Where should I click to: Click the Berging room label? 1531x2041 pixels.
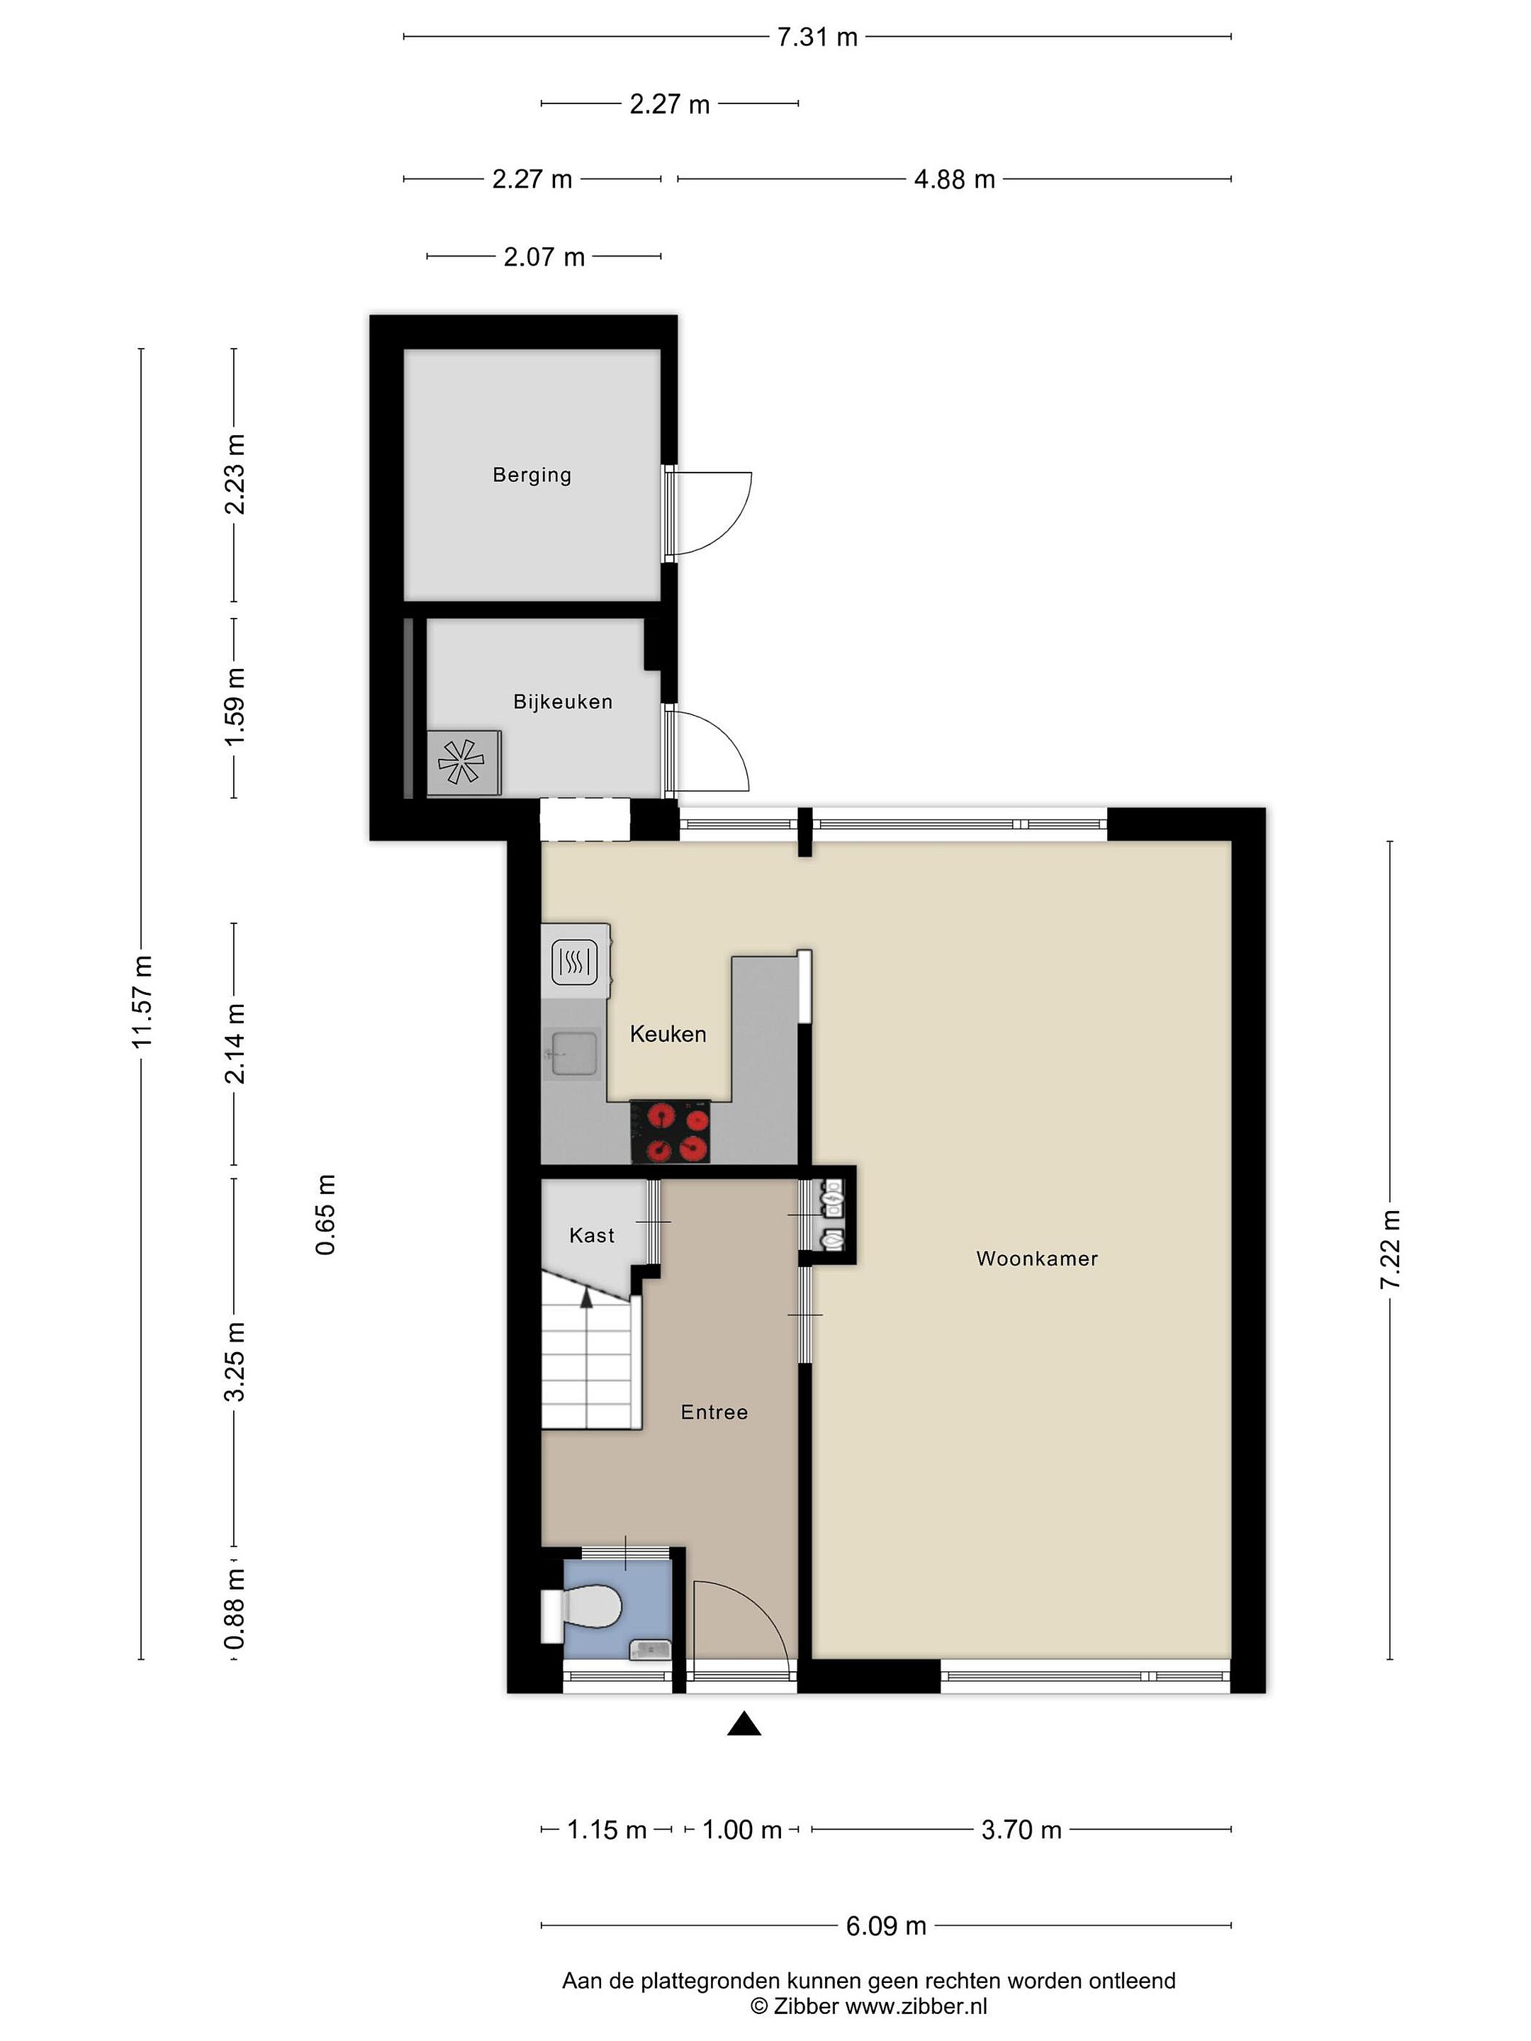pos(532,476)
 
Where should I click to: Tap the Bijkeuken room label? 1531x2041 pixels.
pos(563,702)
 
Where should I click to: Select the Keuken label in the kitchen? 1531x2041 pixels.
pos(668,1035)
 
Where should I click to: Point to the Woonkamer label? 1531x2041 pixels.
pos(1037,1259)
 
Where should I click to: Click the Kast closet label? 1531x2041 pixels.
pos(592,1235)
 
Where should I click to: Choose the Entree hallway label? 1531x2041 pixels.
pos(714,1412)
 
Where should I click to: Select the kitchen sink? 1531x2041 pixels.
pos(572,1054)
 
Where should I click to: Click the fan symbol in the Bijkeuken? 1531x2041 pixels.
pos(462,762)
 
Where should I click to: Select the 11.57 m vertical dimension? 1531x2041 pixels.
pos(141,1002)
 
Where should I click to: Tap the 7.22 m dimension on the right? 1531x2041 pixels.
pos(1390,1250)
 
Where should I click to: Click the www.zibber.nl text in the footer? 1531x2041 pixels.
pos(916,2006)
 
